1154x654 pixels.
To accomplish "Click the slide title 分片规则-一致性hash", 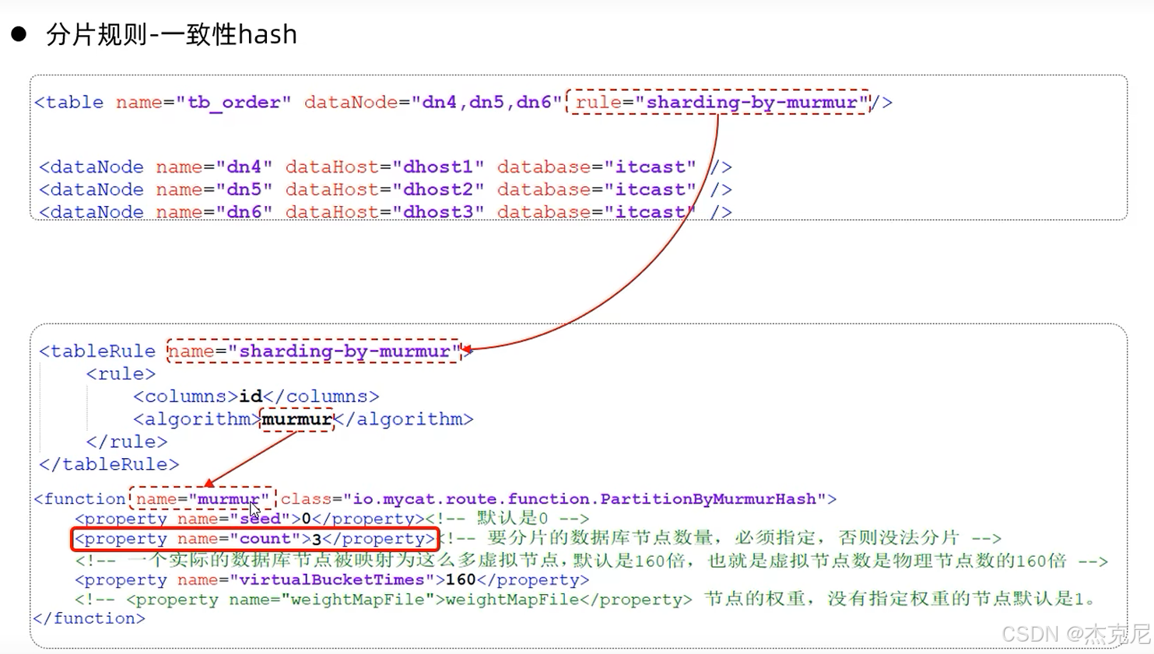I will pyautogui.click(x=171, y=35).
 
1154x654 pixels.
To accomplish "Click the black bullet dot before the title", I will pyautogui.click(x=19, y=33).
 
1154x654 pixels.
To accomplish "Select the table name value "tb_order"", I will pyautogui.click(x=233, y=103).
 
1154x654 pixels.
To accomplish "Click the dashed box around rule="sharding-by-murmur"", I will pyautogui.click(x=717, y=102).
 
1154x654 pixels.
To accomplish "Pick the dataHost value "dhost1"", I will pyautogui.click(x=438, y=167).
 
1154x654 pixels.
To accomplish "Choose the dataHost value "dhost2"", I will pyautogui.click(x=438, y=190).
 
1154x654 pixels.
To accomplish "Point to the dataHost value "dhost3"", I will pyautogui.click(x=438, y=212).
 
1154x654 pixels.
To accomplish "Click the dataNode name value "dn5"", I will pyautogui.click(x=244, y=190).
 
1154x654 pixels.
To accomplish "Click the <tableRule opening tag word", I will pyautogui.click(x=97, y=351).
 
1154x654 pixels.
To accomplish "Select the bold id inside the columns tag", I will pyautogui.click(x=251, y=397).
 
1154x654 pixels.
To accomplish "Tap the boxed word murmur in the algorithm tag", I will pyautogui.click(x=296, y=420).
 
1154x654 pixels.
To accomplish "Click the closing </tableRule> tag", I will pyautogui.click(x=109, y=465).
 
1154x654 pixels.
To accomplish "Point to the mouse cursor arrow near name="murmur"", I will pyautogui.click(x=254, y=509).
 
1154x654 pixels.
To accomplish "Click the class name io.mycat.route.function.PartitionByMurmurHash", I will pyautogui.click(x=584, y=499).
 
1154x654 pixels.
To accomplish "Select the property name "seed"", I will pyautogui.click(x=260, y=519).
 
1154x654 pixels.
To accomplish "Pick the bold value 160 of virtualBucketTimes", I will pyautogui.click(x=461, y=580).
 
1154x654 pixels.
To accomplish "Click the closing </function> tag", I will pyautogui.click(x=89, y=619).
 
